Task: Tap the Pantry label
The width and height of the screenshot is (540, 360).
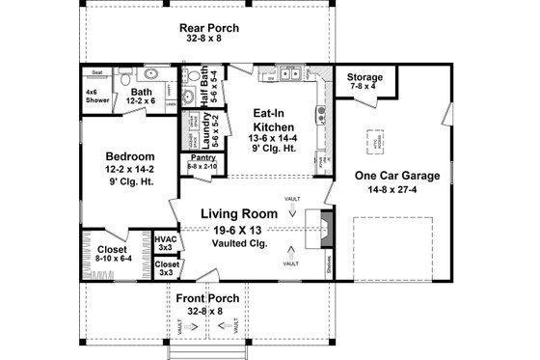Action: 202,156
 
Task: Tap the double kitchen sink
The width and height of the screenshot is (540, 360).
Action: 290,73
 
